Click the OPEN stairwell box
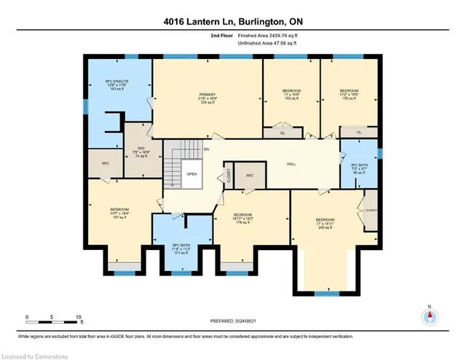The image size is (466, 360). pos(192,174)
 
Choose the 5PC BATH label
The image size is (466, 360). pos(181,248)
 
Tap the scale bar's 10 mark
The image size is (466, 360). pos(78,317)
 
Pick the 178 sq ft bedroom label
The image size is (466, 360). pos(245,220)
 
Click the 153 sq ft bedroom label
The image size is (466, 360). pos(291,95)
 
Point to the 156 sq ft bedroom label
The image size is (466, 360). pos(349,95)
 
